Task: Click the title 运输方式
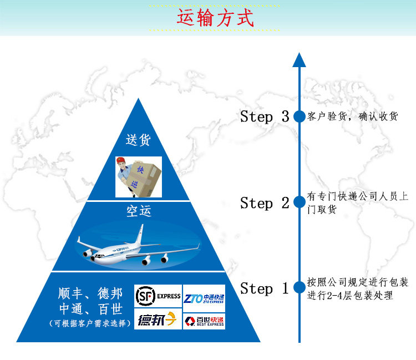point(215,18)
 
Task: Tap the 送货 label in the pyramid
point(138,140)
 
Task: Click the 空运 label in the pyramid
point(138,211)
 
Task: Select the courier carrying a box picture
point(138,176)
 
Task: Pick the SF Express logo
point(158,296)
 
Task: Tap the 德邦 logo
point(158,320)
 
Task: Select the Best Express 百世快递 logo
point(204,321)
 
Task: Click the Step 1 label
point(264,288)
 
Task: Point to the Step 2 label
point(264,203)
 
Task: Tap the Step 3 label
point(264,116)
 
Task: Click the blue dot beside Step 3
point(299,116)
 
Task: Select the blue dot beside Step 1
point(299,287)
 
